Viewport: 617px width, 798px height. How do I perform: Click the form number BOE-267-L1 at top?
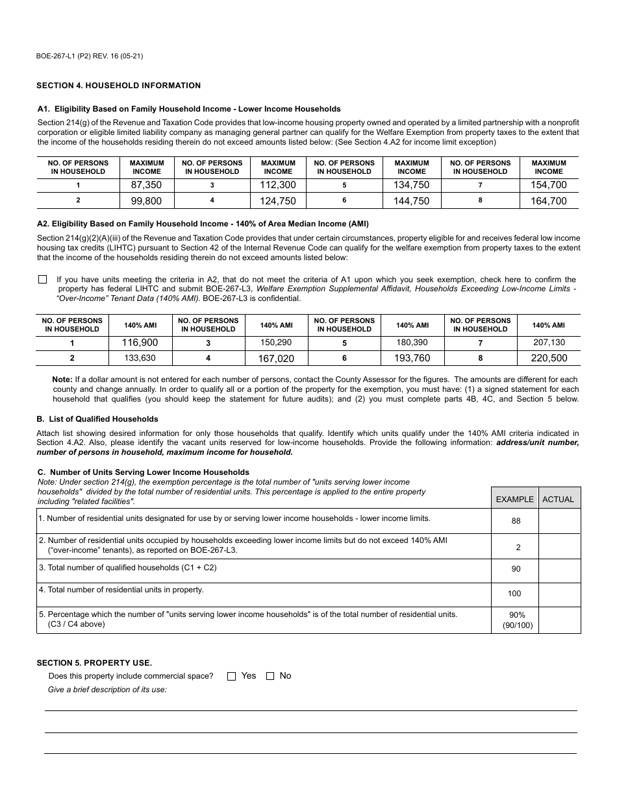pyautogui.click(x=90, y=56)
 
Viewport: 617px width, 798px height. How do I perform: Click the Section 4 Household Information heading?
pyautogui.click(x=118, y=86)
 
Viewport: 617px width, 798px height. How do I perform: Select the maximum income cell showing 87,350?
pyautogui.click(x=147, y=185)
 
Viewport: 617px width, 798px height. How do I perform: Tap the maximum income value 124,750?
pyautogui.click(x=278, y=201)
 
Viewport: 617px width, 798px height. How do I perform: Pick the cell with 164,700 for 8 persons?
pyautogui.click(x=549, y=201)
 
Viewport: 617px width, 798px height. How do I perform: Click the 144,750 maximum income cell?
pyautogui.click(x=412, y=201)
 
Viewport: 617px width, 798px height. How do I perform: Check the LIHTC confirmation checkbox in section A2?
pyautogui.click(x=43, y=280)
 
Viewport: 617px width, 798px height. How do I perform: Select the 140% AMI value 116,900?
pyautogui.click(x=140, y=343)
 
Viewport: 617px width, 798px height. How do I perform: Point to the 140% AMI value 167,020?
pyautogui.click(x=277, y=358)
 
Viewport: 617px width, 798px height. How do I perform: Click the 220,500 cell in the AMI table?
pyautogui.click(x=549, y=358)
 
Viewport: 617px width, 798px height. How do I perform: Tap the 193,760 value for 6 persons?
pyautogui.click(x=412, y=358)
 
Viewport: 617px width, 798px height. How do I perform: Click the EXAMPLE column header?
pyautogui.click(x=514, y=499)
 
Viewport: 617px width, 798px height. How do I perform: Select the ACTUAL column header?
pyautogui.click(x=559, y=499)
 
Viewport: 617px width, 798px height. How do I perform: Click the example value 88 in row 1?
pyautogui.click(x=516, y=521)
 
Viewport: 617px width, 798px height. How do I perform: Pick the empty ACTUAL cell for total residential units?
pyautogui.click(x=559, y=594)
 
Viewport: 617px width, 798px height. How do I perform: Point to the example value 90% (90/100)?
pyautogui.click(x=517, y=620)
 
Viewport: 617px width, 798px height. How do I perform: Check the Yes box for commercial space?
pyautogui.click(x=232, y=676)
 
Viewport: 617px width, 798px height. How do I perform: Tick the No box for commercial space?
pyautogui.click(x=270, y=676)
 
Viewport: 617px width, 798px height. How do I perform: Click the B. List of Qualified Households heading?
pyautogui.click(x=97, y=419)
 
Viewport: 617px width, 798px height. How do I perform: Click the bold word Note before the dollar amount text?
pyautogui.click(x=62, y=380)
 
